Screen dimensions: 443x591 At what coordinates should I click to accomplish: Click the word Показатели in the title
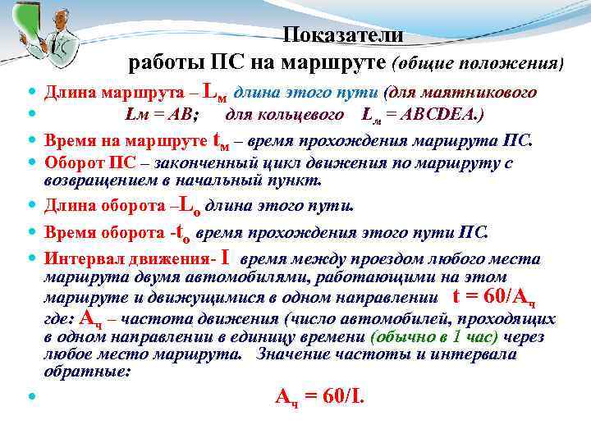[343, 34]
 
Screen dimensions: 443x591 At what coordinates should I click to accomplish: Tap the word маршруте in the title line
[334, 62]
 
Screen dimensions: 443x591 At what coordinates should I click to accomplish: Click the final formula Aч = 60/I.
[318, 397]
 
